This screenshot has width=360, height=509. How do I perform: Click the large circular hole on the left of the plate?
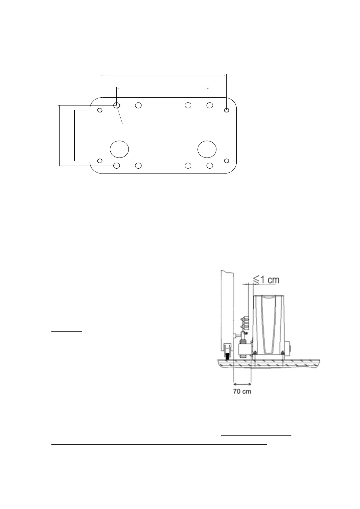pos(119,149)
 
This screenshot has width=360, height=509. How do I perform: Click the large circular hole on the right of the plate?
pos(207,149)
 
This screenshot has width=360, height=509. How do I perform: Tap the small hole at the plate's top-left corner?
pos(100,110)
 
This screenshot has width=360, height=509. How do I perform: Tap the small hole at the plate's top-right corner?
pos(227,110)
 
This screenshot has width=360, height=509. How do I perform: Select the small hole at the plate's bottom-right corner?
pos(227,160)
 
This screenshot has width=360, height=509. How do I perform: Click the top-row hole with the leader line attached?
pos(117,105)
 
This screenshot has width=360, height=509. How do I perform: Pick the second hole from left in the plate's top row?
pos(138,105)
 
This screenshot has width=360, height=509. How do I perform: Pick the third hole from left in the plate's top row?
pos(188,105)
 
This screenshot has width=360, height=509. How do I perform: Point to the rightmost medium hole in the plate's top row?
pos(210,105)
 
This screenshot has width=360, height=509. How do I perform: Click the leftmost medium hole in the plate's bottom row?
pos(117,166)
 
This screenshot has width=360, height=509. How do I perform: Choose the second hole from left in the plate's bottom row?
pos(138,166)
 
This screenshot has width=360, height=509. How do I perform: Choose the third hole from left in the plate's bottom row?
pos(188,166)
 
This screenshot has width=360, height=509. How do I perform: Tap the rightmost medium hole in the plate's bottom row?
pos(210,166)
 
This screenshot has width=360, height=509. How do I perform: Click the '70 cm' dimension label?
pos(242,391)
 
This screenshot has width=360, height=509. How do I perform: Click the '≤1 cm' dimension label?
pos(266,280)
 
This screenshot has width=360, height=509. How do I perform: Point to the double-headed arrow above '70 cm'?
pos(242,384)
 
